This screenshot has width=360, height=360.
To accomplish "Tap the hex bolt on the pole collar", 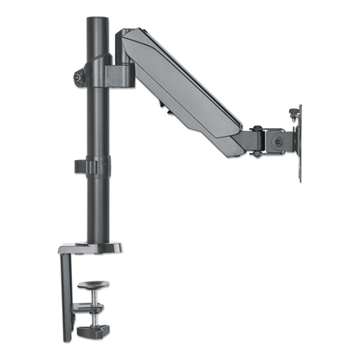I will tap(80, 77).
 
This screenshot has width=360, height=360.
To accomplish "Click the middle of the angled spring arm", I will tap(187, 87).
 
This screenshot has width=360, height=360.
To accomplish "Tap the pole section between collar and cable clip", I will tap(93, 121).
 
